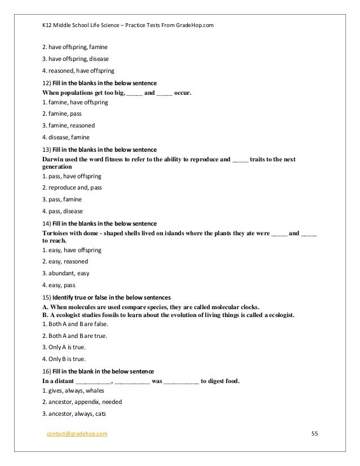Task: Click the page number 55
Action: click(315, 433)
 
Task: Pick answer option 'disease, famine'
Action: click(68, 137)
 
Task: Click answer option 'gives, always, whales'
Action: click(74, 390)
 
